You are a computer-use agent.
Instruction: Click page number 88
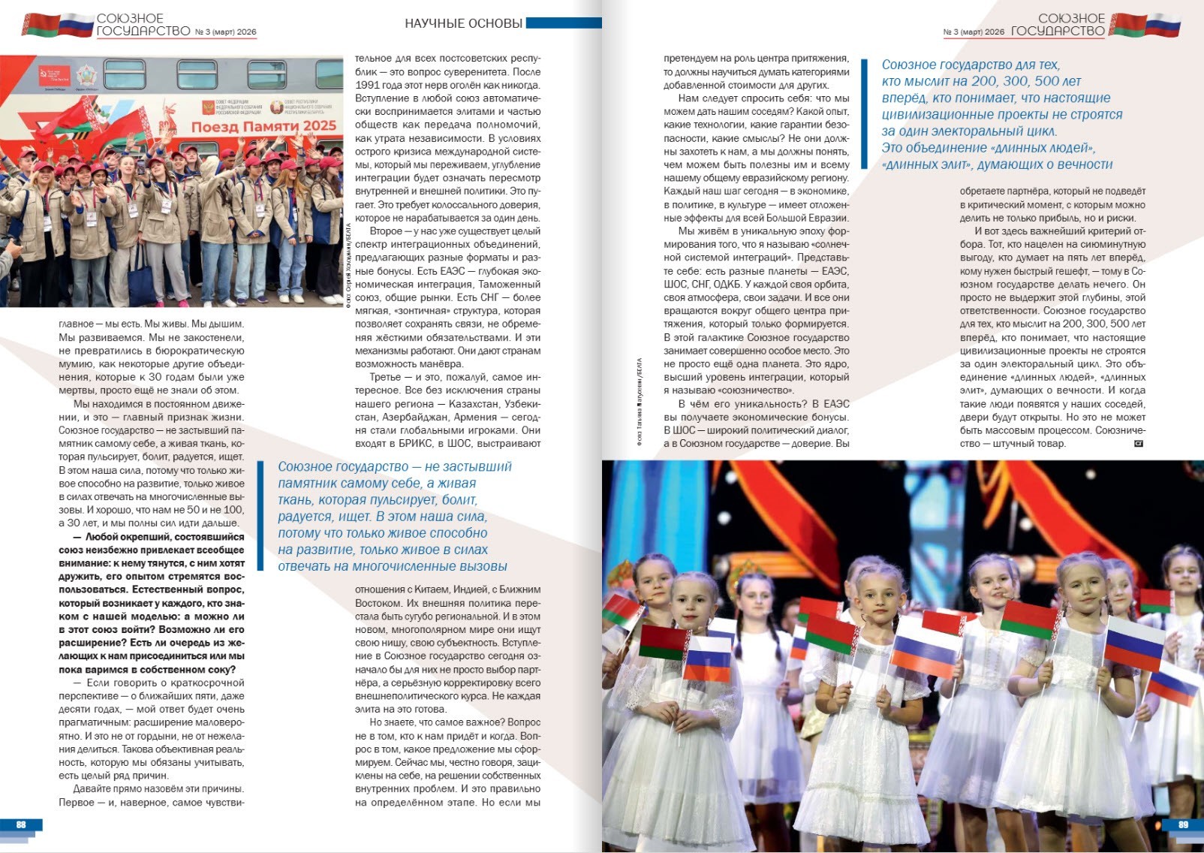(21, 824)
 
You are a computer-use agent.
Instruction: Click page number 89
(1183, 824)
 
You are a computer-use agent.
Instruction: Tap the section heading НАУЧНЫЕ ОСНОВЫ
(463, 23)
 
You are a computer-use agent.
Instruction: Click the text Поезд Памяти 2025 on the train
(263, 125)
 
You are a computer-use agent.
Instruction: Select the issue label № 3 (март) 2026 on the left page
(225, 32)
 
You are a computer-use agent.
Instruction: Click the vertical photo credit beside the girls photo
(639, 402)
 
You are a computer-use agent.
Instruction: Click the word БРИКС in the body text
(417, 444)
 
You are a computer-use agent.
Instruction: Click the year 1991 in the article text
(367, 85)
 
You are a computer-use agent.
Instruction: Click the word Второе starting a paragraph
(386, 231)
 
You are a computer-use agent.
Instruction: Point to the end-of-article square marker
(1138, 444)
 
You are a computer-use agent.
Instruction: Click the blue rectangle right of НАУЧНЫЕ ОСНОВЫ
(564, 23)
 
